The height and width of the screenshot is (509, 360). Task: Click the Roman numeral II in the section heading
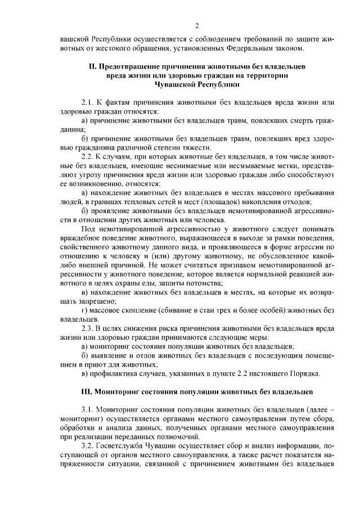tap(93, 67)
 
